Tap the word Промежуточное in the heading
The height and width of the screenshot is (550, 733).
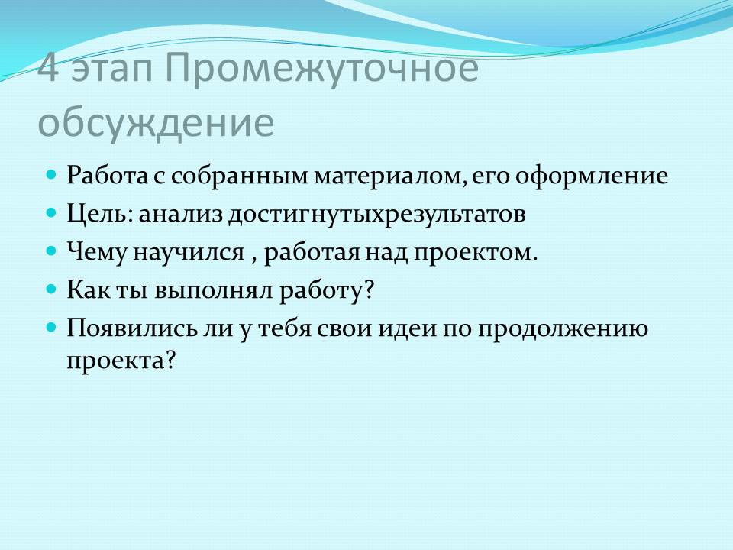321,70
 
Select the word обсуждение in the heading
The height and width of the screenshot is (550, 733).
156,124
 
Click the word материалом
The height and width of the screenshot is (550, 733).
391,177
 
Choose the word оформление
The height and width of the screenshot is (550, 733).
591,176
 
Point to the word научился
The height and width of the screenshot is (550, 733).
189,253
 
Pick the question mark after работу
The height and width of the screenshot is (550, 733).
370,290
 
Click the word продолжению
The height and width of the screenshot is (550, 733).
563,329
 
